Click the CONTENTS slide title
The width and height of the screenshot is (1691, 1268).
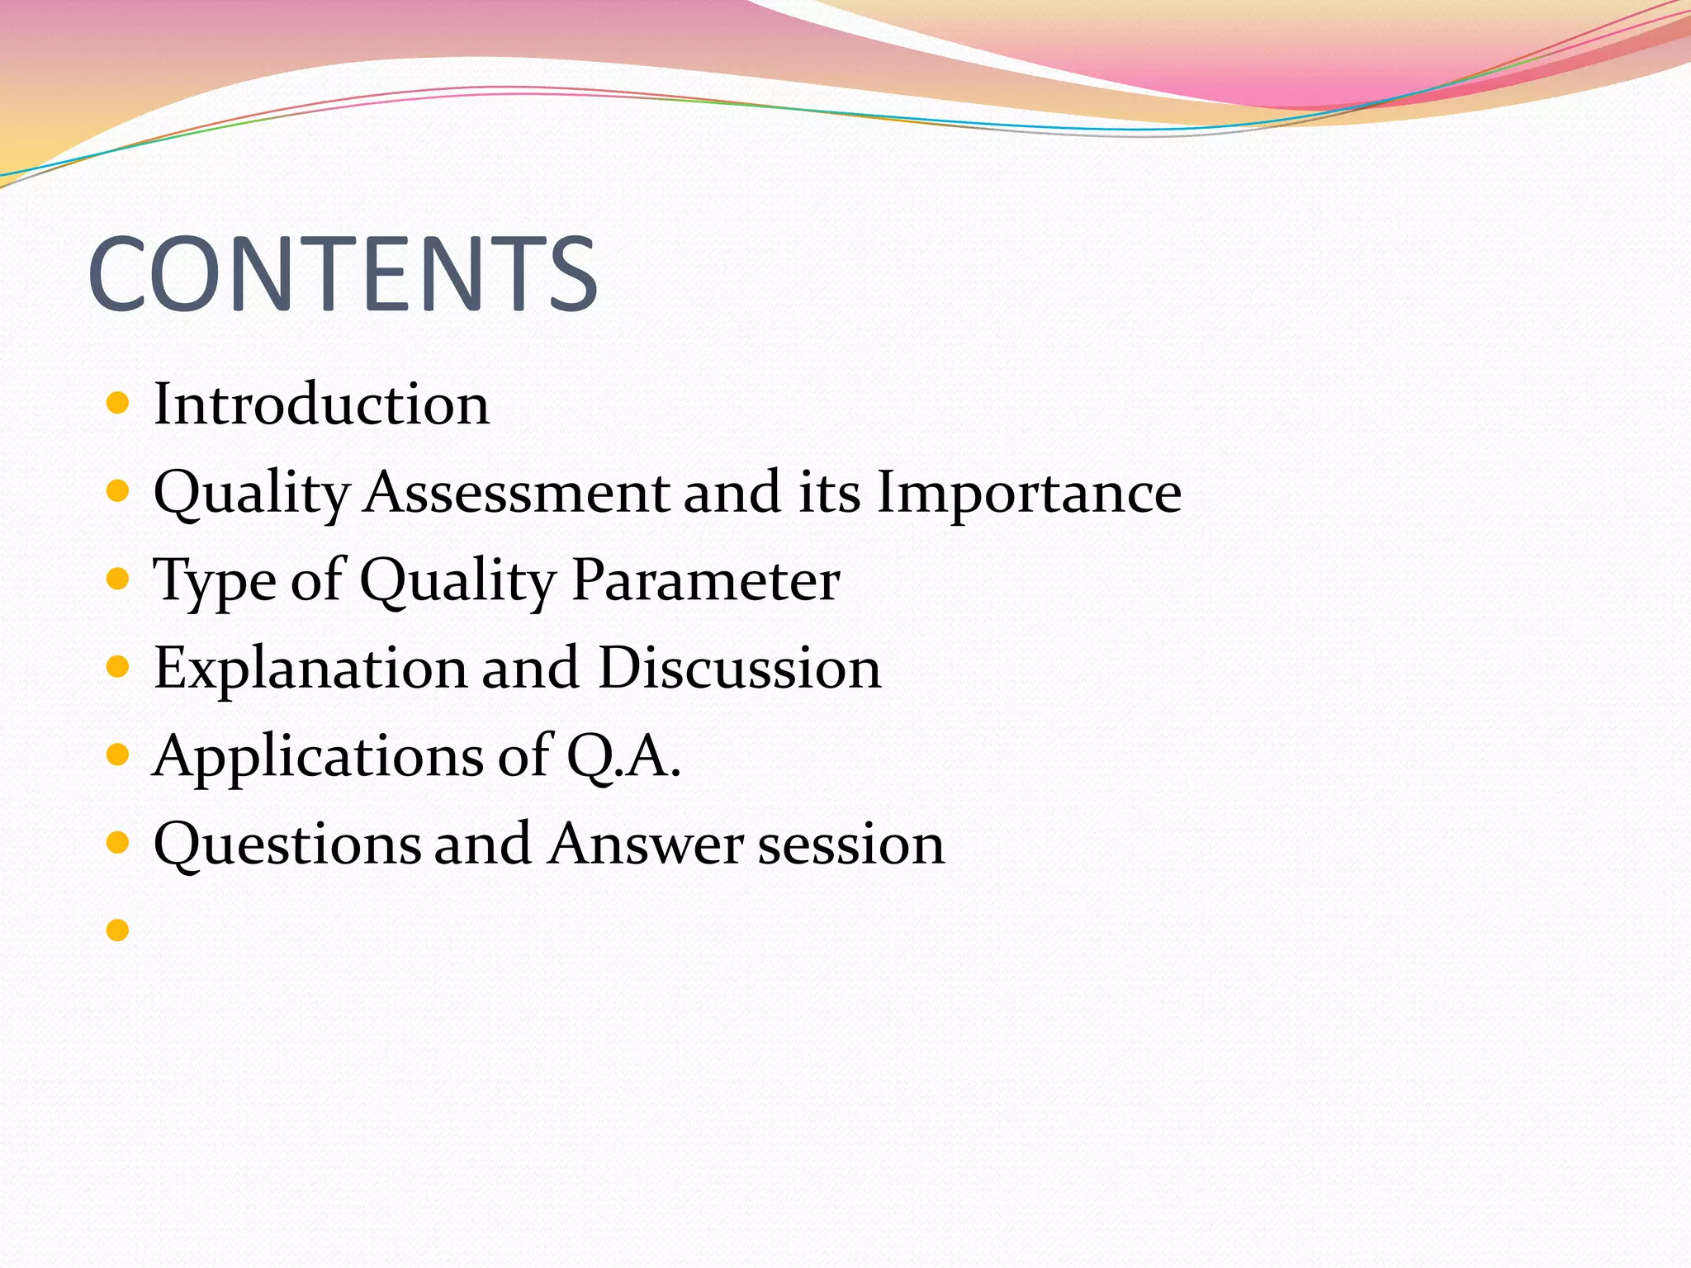pos(343,274)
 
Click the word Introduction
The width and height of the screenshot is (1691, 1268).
pos(321,405)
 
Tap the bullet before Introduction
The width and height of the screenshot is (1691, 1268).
pos(118,404)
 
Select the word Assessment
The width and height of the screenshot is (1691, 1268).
pos(518,493)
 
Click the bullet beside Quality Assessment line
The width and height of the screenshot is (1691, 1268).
pos(118,491)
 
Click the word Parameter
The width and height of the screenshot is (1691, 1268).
pos(705,580)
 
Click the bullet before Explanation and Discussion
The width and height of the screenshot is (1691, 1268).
pos(118,666)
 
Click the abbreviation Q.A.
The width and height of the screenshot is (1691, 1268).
pos(623,757)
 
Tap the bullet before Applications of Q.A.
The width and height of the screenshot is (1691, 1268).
pos(118,754)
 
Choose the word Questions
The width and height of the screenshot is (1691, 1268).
pos(287,845)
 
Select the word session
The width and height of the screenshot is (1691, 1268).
pos(850,845)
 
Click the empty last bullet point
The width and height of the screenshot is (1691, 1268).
pos(118,930)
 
